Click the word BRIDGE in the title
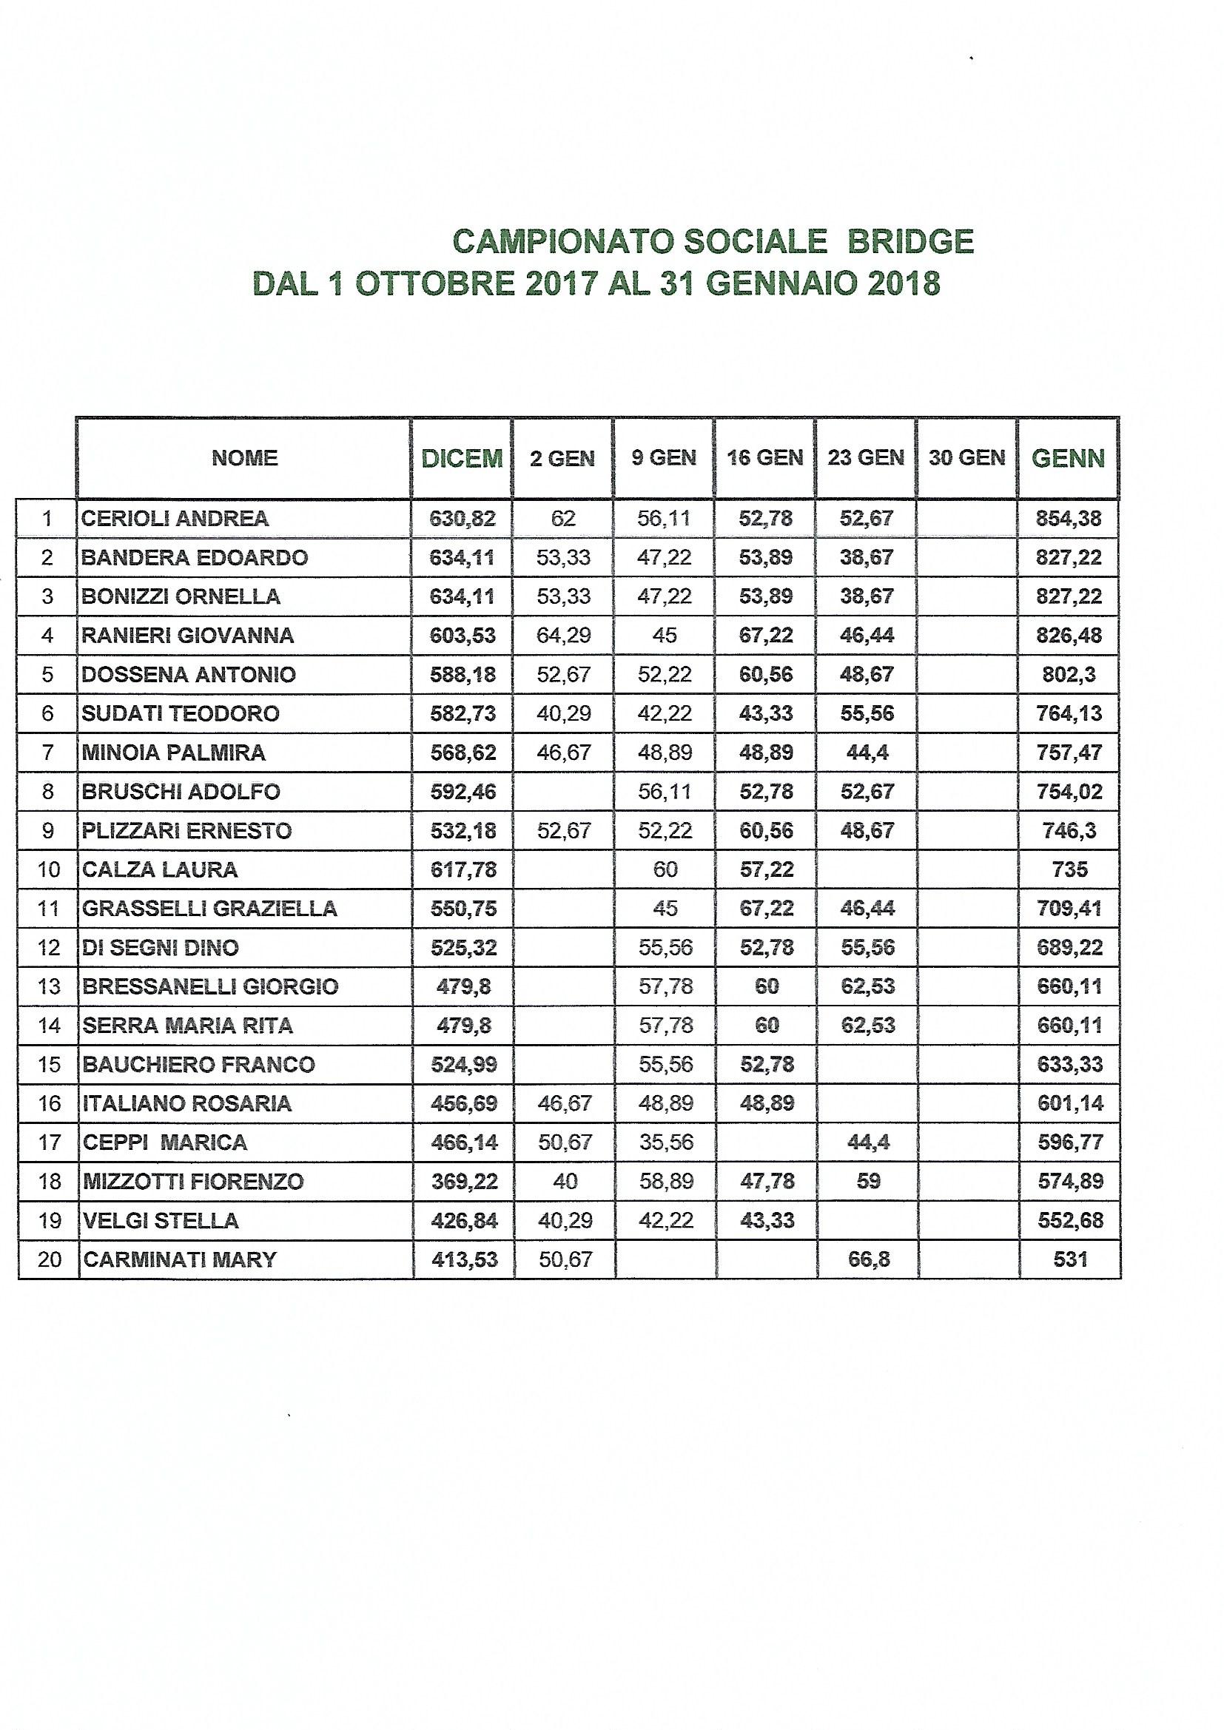[x=911, y=241]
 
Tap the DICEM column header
[x=461, y=458]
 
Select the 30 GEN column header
[x=966, y=457]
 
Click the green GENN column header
[x=1068, y=458]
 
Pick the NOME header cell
[x=244, y=458]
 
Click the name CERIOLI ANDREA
[x=174, y=519]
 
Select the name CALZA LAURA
[x=159, y=869]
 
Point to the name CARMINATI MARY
[x=179, y=1259]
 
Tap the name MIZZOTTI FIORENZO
[x=193, y=1181]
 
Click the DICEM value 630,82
[x=462, y=519]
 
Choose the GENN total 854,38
[x=1069, y=519]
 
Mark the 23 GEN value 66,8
[x=867, y=1259]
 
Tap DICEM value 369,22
[x=462, y=1181]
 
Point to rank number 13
[x=48, y=986]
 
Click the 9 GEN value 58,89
[x=665, y=1181]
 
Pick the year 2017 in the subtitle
[x=557, y=283]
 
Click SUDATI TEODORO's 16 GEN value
[x=767, y=713]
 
